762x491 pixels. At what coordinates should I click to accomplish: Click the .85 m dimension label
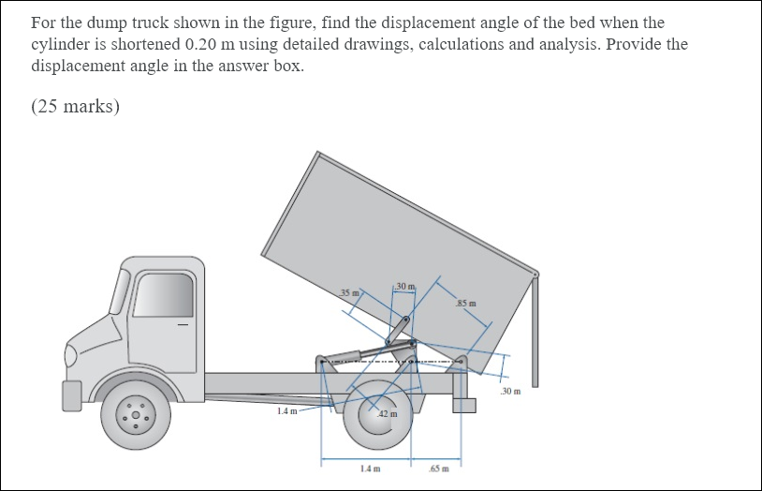tap(465, 303)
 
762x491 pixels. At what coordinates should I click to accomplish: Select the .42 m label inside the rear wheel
tap(388, 413)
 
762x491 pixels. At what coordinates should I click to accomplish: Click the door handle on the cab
tap(183, 326)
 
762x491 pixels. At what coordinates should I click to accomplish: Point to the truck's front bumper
tap(73, 394)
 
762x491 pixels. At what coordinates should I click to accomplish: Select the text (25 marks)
tap(75, 106)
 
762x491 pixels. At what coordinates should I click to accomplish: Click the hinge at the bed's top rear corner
tap(535, 275)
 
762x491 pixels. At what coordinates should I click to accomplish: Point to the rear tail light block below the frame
tap(464, 405)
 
